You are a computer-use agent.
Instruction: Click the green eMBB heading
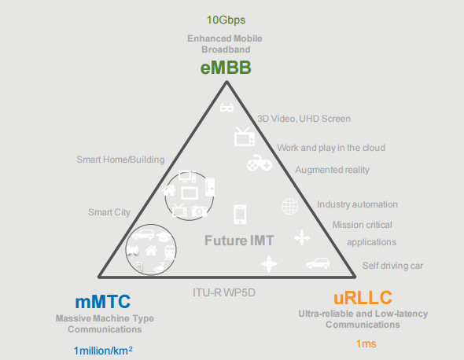(x=226, y=67)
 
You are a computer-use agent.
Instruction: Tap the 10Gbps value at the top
(x=226, y=20)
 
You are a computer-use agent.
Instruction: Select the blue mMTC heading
(x=103, y=301)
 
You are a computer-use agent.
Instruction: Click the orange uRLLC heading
(x=363, y=298)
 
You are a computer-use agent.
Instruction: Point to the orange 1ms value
(x=366, y=343)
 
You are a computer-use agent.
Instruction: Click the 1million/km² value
(x=103, y=351)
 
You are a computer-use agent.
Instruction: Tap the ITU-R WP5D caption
(x=224, y=292)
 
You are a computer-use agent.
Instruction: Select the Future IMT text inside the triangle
(x=239, y=241)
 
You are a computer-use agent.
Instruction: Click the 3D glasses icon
(x=226, y=107)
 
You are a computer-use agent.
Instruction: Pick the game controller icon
(x=260, y=163)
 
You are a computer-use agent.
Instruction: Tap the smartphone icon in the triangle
(x=240, y=214)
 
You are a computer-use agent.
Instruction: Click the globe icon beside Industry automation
(x=289, y=206)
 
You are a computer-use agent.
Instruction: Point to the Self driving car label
(x=392, y=266)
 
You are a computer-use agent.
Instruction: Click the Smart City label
(x=109, y=212)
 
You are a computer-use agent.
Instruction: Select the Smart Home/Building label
(x=120, y=160)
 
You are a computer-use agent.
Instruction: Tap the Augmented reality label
(x=333, y=170)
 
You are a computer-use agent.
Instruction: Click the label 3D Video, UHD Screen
(x=304, y=119)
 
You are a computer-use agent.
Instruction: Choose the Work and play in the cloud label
(x=331, y=148)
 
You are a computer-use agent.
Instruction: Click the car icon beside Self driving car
(x=318, y=263)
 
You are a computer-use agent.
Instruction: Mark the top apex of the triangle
(x=226, y=82)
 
